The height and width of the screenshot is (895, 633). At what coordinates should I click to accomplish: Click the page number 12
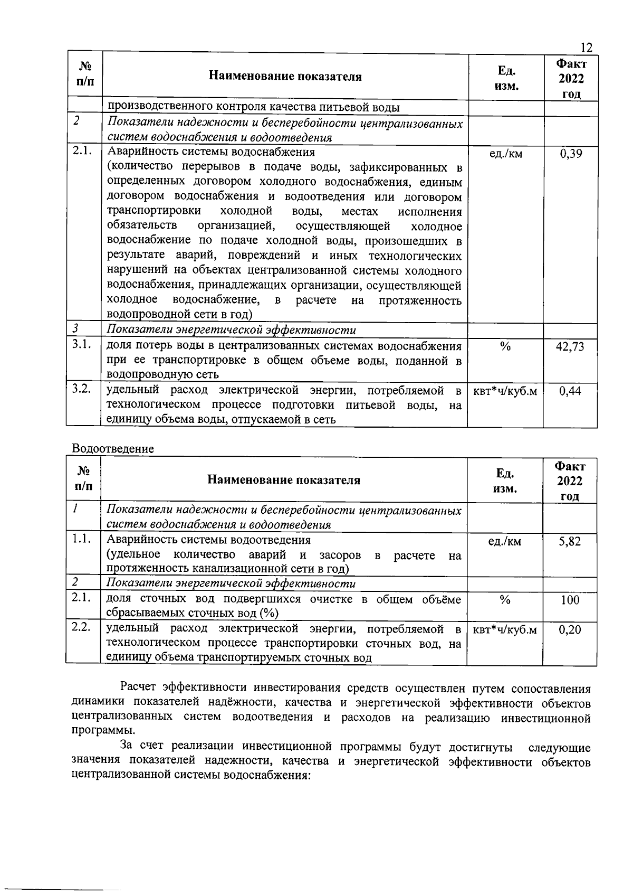[586, 48]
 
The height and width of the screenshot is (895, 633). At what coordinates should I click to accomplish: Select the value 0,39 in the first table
[571, 154]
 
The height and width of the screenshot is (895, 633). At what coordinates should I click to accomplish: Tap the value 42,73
[570, 347]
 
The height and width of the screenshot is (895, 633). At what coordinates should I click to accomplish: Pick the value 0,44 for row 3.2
[570, 391]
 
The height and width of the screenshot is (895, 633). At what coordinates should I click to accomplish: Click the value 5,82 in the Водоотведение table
[570, 541]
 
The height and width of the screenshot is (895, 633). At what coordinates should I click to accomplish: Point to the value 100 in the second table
[570, 600]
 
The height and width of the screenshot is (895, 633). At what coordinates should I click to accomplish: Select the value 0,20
[570, 630]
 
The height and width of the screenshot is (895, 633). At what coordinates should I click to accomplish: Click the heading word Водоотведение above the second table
[113, 449]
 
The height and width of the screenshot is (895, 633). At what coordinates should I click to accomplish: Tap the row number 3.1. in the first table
[83, 345]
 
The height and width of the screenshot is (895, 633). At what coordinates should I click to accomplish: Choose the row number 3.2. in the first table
[83, 389]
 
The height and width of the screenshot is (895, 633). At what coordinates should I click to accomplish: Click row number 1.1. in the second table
[82, 539]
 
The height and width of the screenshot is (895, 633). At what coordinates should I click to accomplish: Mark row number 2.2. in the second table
[82, 628]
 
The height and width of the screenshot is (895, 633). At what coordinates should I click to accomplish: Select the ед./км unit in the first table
[506, 154]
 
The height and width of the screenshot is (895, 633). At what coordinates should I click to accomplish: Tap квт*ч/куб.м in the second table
[505, 630]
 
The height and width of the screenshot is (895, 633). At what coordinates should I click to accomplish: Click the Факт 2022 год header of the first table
[571, 79]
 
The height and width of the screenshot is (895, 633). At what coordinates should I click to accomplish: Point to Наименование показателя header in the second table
[284, 480]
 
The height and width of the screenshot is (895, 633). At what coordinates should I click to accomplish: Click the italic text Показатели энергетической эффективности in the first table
[231, 331]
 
